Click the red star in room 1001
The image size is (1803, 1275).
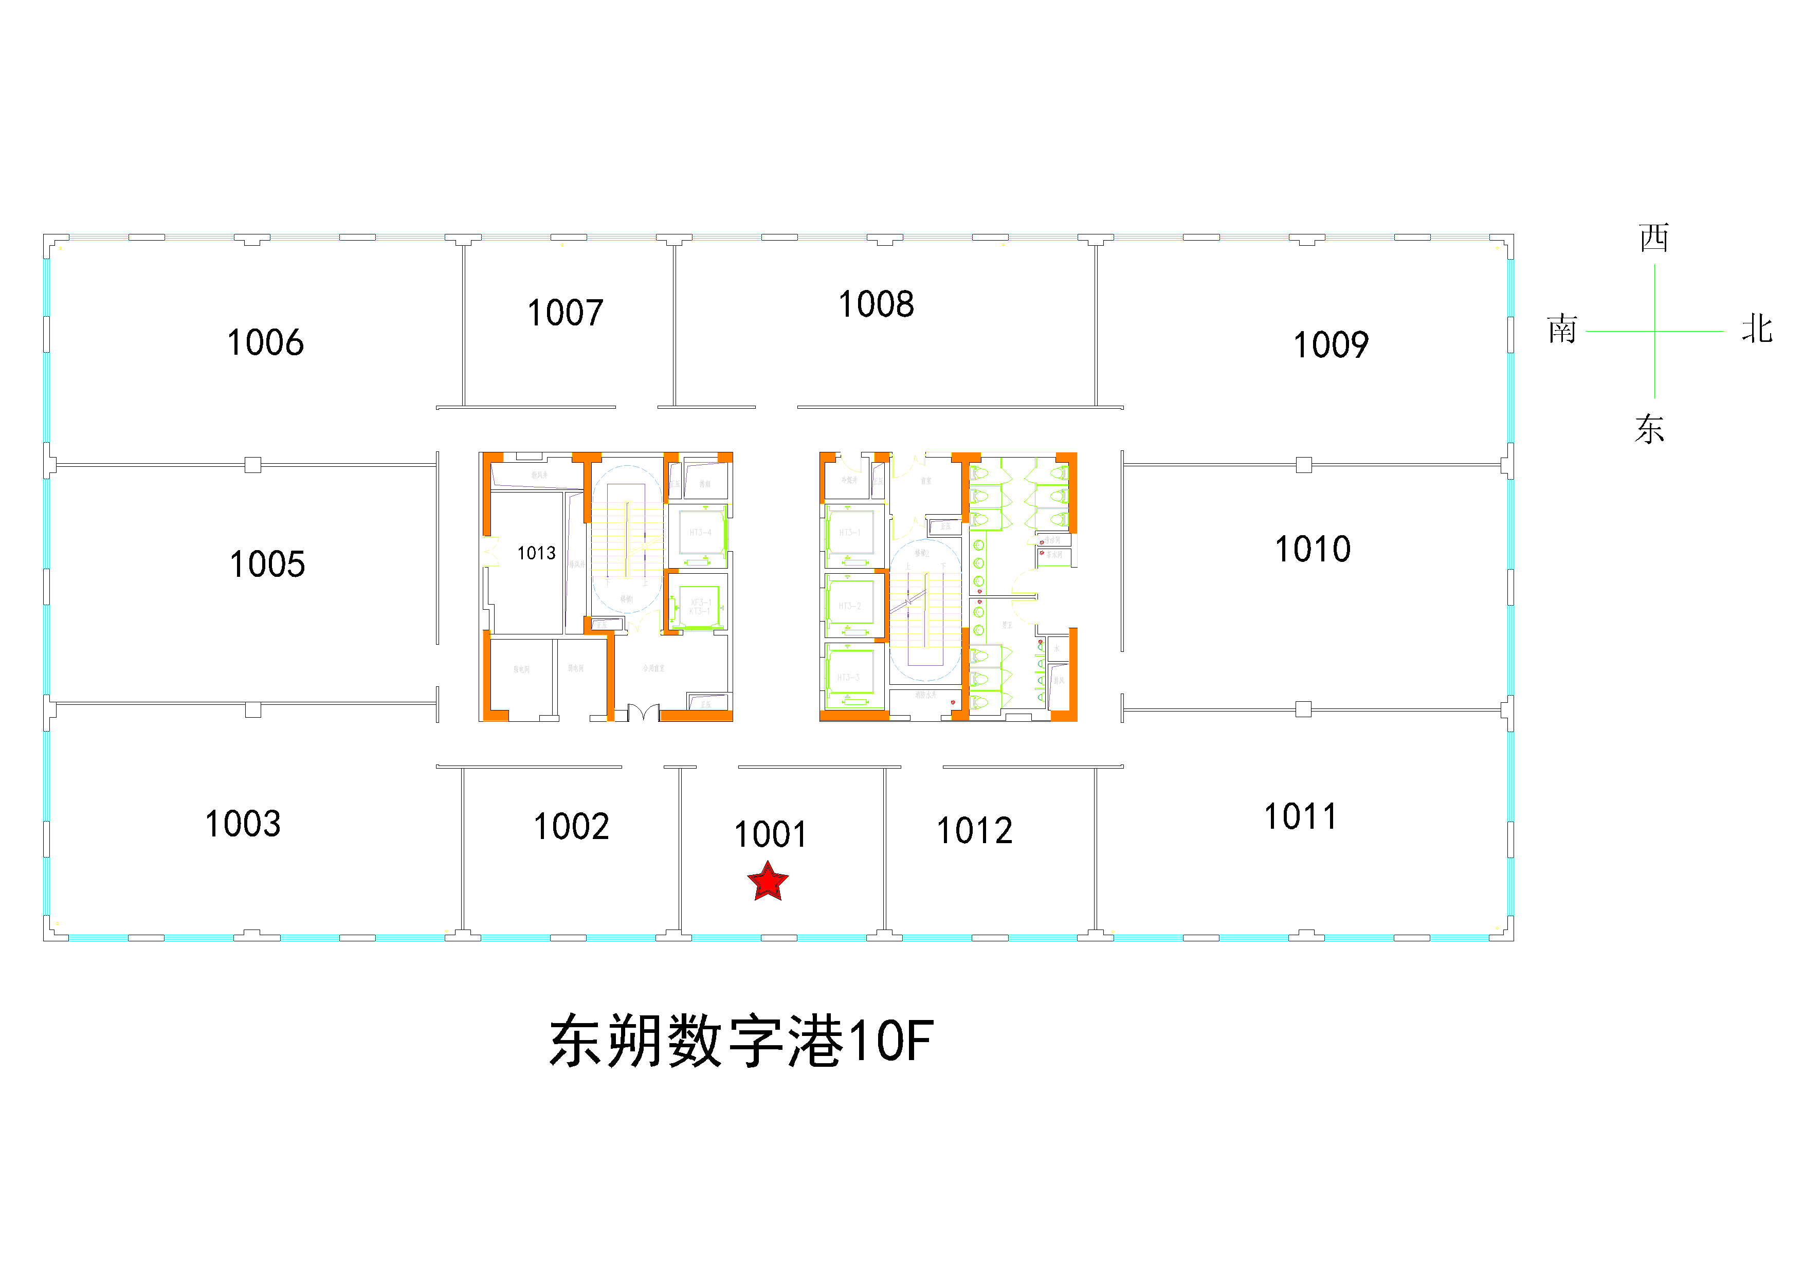pyautogui.click(x=767, y=882)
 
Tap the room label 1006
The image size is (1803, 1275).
pyautogui.click(x=265, y=343)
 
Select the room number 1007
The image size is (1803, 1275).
pyautogui.click(x=566, y=313)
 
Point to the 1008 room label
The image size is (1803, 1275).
pyautogui.click(x=877, y=305)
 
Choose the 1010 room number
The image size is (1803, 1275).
pyautogui.click(x=1313, y=550)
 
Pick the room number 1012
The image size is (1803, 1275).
pyautogui.click(x=975, y=831)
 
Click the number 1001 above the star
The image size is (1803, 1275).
pyautogui.click(x=770, y=834)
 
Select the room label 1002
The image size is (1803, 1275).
pyautogui.click(x=572, y=827)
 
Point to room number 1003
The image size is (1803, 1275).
pyautogui.click(x=243, y=824)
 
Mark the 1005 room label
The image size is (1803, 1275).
pyautogui.click(x=267, y=564)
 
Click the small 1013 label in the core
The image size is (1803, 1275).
pyautogui.click(x=536, y=554)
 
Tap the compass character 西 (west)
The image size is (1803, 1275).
pyautogui.click(x=1654, y=238)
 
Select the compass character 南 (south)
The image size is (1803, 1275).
pyautogui.click(x=1563, y=330)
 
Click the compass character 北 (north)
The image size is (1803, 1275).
pyautogui.click(x=1757, y=329)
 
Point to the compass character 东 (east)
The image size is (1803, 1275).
pyautogui.click(x=1650, y=429)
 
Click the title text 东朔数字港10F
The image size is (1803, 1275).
pyautogui.click(x=741, y=1041)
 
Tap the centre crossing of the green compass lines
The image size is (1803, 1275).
pyautogui.click(x=1654, y=331)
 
